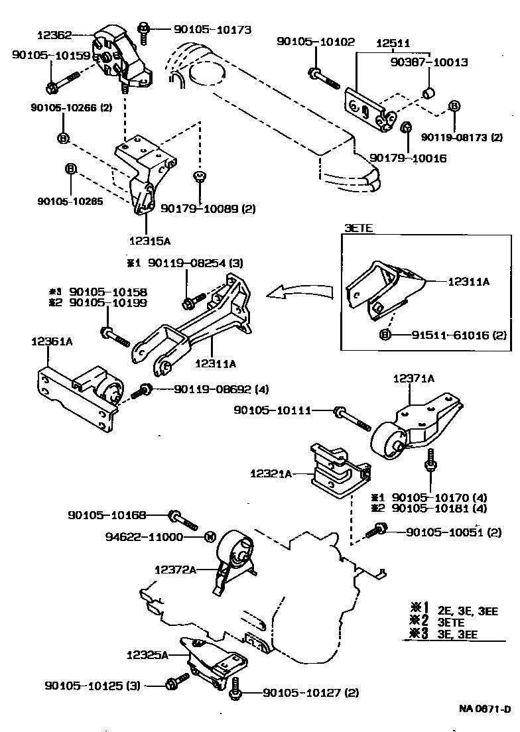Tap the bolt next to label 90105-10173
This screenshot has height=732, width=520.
(144, 29)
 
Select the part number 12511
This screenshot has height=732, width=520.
(393, 42)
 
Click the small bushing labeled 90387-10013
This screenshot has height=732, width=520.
(429, 90)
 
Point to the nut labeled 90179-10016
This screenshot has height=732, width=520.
(408, 126)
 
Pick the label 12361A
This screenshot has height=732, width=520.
(51, 341)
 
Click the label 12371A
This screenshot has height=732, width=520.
(413, 378)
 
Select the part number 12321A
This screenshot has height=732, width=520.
(271, 474)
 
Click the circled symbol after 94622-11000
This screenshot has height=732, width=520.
(208, 536)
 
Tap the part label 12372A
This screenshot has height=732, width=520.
(174, 570)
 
